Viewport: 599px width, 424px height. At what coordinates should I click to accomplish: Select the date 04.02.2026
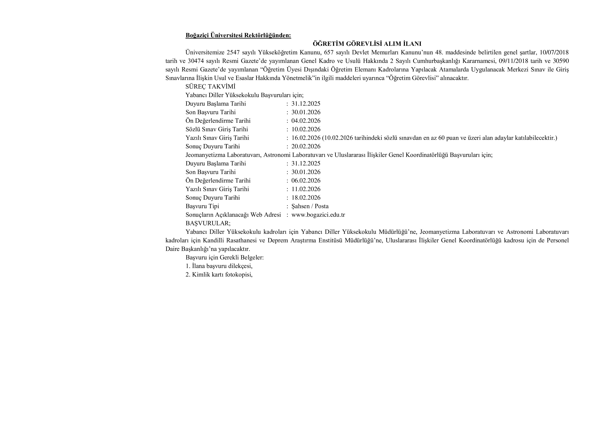pyautogui.click(x=306, y=121)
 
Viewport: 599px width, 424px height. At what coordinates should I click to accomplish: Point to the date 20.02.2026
pyautogui.click(x=306, y=146)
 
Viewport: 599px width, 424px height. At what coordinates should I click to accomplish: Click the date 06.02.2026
pyautogui.click(x=306, y=181)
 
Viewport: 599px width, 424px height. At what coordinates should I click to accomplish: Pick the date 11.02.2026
pyautogui.click(x=306, y=189)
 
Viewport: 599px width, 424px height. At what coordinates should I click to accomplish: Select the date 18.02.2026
pyautogui.click(x=306, y=198)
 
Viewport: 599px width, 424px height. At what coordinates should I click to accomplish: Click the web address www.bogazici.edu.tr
pyautogui.click(x=318, y=215)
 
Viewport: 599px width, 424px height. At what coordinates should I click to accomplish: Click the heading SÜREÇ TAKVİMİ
pyautogui.click(x=210, y=86)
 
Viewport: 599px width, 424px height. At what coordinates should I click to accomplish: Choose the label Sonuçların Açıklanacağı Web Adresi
pyautogui.click(x=233, y=215)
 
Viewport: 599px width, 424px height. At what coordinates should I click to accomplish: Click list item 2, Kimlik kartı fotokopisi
pyautogui.click(x=219, y=275)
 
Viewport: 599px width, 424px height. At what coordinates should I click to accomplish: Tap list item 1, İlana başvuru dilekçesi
pyautogui.click(x=219, y=266)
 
